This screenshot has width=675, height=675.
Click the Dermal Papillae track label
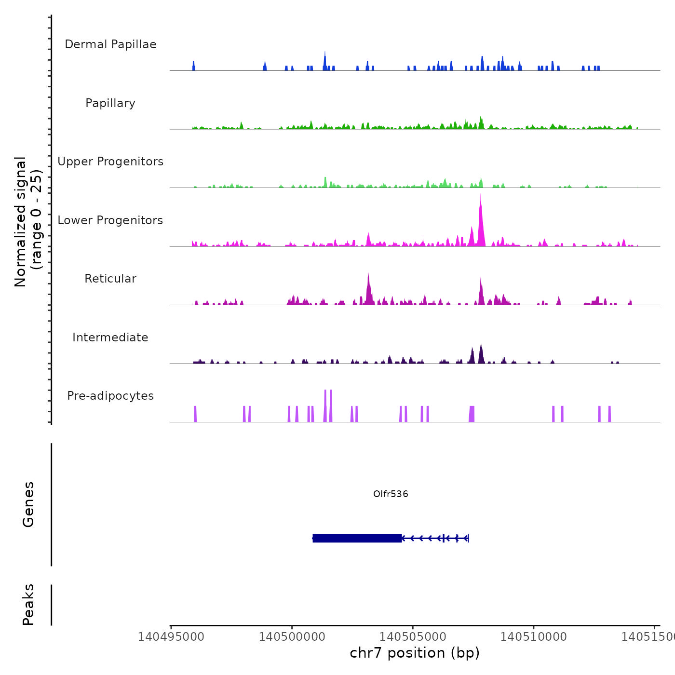(x=110, y=44)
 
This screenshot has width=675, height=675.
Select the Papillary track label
(x=110, y=103)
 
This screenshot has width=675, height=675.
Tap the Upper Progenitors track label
(x=110, y=162)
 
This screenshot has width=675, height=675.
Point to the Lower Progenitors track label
(x=110, y=220)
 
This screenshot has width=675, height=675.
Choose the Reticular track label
(x=110, y=279)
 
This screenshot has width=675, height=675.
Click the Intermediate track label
(x=110, y=337)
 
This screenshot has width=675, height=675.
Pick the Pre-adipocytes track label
(x=110, y=396)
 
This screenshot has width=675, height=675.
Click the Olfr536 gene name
(x=391, y=494)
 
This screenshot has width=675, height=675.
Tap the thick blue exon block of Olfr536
(x=357, y=538)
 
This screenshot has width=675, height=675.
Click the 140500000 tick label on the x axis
(x=292, y=637)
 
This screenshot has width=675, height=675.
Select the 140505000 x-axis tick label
(x=413, y=637)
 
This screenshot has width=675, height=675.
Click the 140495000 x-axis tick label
(x=171, y=637)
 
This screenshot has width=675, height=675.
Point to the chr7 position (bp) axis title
(x=415, y=653)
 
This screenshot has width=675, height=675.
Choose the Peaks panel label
(x=28, y=605)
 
